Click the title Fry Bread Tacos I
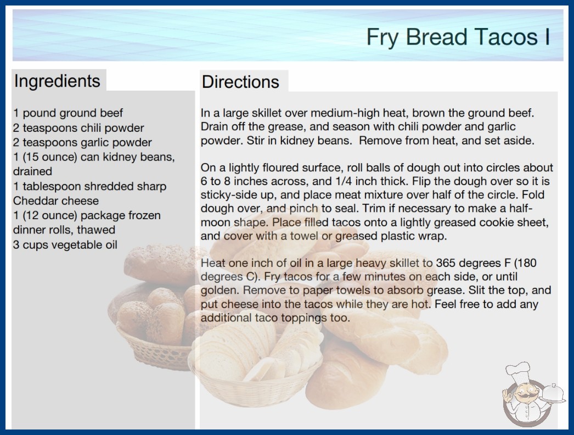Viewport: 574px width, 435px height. [458, 37]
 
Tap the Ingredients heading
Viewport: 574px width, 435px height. [57, 81]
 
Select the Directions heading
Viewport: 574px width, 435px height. [240, 82]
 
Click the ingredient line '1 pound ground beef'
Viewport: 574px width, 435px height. [68, 113]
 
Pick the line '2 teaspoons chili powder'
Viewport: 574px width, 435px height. [78, 128]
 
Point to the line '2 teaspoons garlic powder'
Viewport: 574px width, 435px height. [82, 142]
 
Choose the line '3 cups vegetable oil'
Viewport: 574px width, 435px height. [65, 244]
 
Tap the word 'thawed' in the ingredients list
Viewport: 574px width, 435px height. [96, 230]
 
